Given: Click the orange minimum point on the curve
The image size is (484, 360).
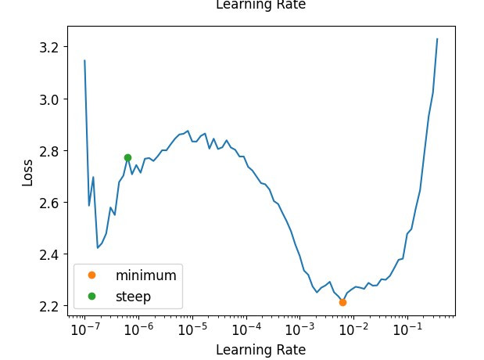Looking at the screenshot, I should (x=342, y=302).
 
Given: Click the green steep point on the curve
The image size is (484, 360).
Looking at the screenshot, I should (x=127, y=158).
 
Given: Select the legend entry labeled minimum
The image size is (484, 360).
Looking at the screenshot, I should (x=145, y=275).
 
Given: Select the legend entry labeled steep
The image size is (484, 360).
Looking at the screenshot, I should (x=133, y=297).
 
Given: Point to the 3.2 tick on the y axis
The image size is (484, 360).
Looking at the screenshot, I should (x=49, y=48).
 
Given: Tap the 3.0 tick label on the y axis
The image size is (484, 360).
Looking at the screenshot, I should (x=49, y=99).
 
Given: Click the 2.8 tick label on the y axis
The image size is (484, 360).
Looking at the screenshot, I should (x=49, y=151).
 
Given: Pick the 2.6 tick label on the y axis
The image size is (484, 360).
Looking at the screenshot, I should (x=49, y=203).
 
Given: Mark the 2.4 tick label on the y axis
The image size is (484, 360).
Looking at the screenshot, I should (x=49, y=254).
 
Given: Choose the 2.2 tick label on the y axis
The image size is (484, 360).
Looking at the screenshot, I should (x=49, y=306).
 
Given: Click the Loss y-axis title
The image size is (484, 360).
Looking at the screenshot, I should (x=27, y=172).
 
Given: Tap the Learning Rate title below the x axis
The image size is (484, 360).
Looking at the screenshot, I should (x=260, y=350).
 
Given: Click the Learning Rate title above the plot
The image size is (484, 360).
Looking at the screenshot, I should (x=260, y=5).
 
